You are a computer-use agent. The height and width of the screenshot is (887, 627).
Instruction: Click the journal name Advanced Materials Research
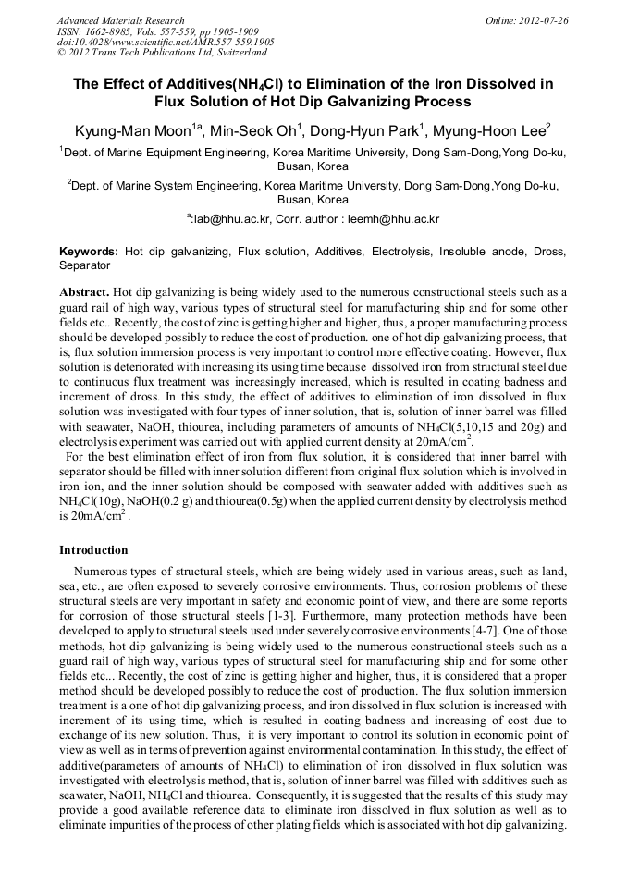[x=120, y=20]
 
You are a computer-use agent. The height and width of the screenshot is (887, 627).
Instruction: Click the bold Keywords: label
[x=89, y=252]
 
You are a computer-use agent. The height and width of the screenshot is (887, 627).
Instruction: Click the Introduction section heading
[x=93, y=550]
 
